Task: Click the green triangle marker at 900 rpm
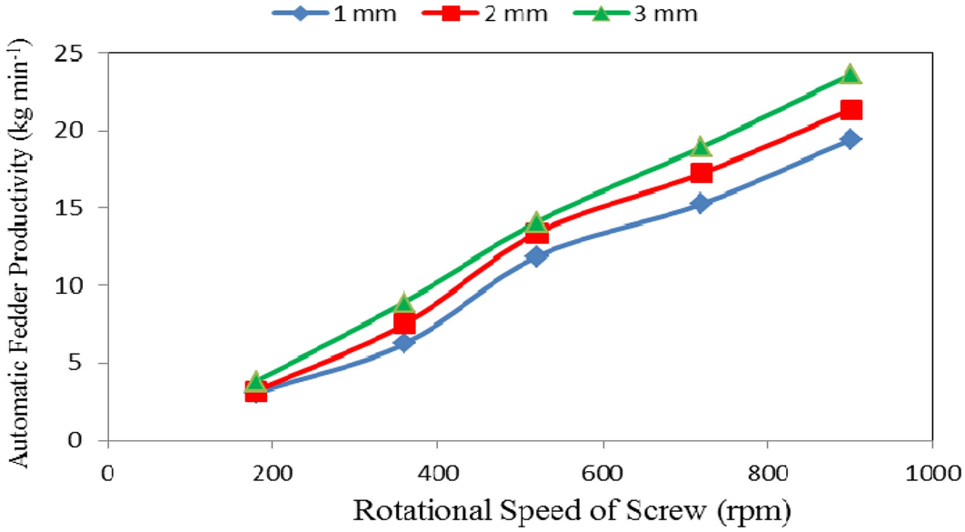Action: (x=851, y=74)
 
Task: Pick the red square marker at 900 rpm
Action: (x=851, y=110)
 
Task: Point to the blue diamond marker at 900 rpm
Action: (x=851, y=139)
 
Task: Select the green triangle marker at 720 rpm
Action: (x=701, y=146)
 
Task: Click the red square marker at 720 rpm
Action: (x=701, y=173)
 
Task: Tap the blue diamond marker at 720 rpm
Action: (x=701, y=204)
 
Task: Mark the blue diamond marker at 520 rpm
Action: (x=536, y=256)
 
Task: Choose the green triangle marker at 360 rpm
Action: (x=405, y=303)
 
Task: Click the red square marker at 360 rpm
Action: (x=405, y=324)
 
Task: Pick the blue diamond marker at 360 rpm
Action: (x=405, y=343)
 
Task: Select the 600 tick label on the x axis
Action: (x=602, y=473)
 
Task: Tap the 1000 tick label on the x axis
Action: (x=932, y=473)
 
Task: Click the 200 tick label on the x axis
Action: (x=273, y=473)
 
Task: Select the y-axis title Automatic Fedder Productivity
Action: (x=19, y=246)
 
